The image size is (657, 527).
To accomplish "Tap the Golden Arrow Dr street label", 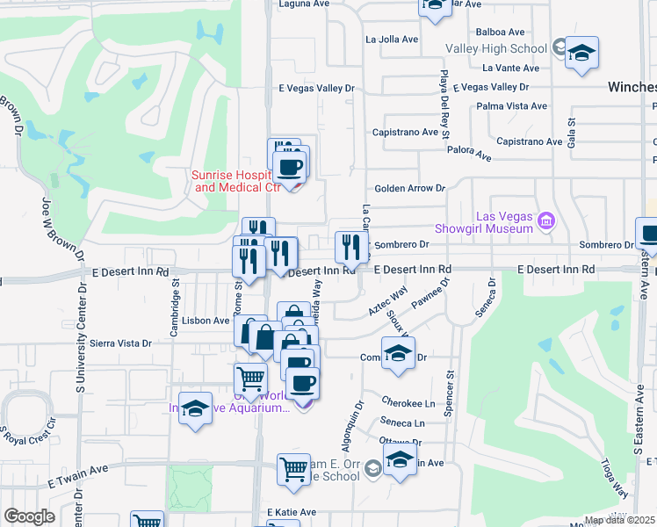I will pyautogui.click(x=410, y=188).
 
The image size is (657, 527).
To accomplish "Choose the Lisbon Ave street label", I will pyautogui.click(x=207, y=321).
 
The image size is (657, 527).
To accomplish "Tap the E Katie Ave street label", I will pyautogui.click(x=291, y=512).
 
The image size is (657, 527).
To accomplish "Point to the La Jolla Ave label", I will pyautogui.click(x=392, y=40).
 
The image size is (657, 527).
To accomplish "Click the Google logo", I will pyautogui.click(x=30, y=516).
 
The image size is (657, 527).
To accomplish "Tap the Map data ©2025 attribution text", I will pyautogui.click(x=620, y=520).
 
